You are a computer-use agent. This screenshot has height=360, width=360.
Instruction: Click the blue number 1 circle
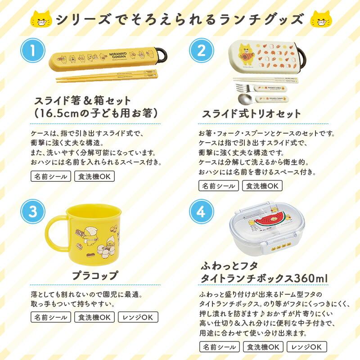32,49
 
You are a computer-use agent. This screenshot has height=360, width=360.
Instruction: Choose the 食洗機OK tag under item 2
262,185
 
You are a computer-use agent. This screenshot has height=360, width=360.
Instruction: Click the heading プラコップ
95,275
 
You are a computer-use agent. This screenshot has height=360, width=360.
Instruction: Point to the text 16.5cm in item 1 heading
60,112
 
